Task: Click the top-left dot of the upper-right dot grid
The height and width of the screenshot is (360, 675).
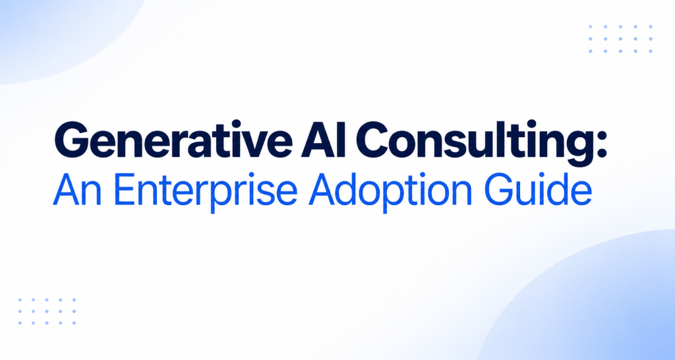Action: (591, 26)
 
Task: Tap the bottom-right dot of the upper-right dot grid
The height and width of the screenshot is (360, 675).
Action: (651, 51)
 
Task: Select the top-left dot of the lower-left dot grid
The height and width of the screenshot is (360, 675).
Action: (20, 300)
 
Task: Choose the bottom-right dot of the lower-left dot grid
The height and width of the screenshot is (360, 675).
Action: (74, 323)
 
